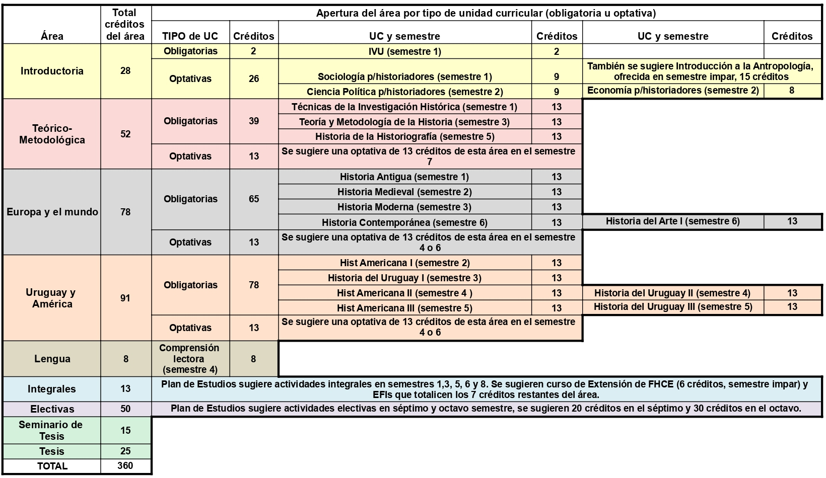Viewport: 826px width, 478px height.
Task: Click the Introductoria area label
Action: click(52, 71)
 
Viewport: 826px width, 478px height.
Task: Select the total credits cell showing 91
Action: click(125, 298)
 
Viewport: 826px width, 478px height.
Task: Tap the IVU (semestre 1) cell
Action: click(404, 51)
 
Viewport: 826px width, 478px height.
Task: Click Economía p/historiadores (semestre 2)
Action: click(673, 91)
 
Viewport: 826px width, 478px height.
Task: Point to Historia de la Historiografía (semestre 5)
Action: click(404, 137)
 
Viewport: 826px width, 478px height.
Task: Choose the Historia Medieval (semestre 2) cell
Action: click(404, 192)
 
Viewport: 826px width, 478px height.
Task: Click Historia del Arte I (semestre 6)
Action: click(672, 221)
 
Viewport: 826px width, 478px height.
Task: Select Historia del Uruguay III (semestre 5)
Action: click(672, 307)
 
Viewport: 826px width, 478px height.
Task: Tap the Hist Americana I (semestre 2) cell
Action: click(404, 263)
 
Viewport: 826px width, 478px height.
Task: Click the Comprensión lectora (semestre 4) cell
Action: click(190, 359)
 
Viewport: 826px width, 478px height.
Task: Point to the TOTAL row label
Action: click(52, 466)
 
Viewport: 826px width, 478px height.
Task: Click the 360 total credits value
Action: click(125, 466)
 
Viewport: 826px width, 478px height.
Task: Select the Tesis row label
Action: click(52, 451)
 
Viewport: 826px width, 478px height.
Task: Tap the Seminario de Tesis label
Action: click(52, 430)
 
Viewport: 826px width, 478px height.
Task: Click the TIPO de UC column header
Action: click(190, 36)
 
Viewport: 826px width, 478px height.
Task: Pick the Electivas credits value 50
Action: click(125, 409)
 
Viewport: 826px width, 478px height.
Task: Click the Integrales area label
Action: click(52, 389)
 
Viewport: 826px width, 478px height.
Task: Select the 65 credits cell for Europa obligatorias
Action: click(254, 199)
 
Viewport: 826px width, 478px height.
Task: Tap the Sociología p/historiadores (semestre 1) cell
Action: click(404, 76)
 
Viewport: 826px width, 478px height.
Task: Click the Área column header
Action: click(52, 36)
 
